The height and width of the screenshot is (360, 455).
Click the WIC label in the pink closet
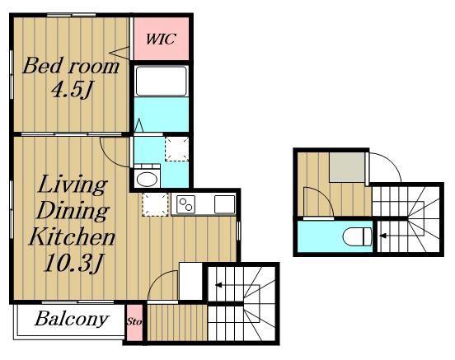[161, 39]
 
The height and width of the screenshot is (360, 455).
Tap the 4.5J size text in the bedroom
[72, 89]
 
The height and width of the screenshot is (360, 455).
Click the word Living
[73, 185]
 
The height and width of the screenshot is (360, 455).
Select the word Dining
[73, 211]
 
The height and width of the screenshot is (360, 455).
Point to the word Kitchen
[72, 236]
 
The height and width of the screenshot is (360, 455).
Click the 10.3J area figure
[73, 263]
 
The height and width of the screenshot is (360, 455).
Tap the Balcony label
[72, 319]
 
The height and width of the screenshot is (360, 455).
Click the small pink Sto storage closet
[134, 322]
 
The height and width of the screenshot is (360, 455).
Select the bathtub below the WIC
[162, 82]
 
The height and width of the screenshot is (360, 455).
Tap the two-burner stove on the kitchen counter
[185, 204]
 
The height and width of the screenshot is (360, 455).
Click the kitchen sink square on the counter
[224, 204]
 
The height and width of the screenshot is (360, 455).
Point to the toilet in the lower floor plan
[358, 236]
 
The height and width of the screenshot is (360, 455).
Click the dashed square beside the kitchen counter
[155, 204]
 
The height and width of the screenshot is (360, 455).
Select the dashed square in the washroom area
[176, 149]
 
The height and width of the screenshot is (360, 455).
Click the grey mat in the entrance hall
[347, 167]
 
